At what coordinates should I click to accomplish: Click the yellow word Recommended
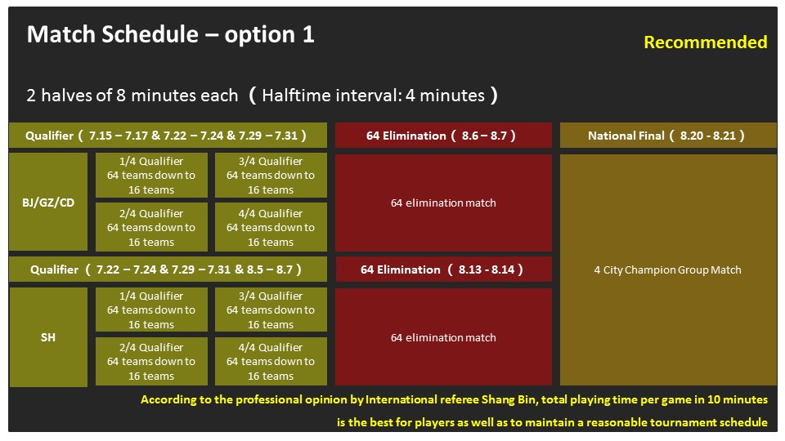(706, 42)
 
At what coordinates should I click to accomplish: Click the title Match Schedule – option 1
(170, 34)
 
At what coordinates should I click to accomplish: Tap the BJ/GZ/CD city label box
(48, 202)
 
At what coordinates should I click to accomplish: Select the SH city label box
(48, 337)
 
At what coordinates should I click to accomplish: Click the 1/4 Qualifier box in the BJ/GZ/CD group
(151, 175)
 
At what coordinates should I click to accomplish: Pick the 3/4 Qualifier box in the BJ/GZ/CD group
(271, 175)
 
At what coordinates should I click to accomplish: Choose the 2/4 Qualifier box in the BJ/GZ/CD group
(151, 227)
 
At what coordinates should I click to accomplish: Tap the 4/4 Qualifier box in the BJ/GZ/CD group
(271, 227)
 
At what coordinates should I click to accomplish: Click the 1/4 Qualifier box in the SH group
(151, 310)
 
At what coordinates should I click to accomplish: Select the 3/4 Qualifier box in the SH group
(271, 310)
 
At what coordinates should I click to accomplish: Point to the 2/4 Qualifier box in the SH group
(151, 361)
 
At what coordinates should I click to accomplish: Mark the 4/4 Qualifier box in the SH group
(271, 361)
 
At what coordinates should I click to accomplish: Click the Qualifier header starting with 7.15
(168, 136)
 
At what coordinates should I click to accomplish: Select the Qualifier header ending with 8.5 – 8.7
(168, 269)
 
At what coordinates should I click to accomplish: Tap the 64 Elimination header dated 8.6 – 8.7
(443, 136)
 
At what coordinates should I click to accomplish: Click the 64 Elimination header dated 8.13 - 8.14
(443, 269)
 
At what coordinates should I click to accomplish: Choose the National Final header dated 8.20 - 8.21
(668, 136)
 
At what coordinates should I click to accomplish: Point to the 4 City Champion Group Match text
(667, 270)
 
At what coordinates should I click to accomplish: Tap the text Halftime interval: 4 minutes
(374, 96)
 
